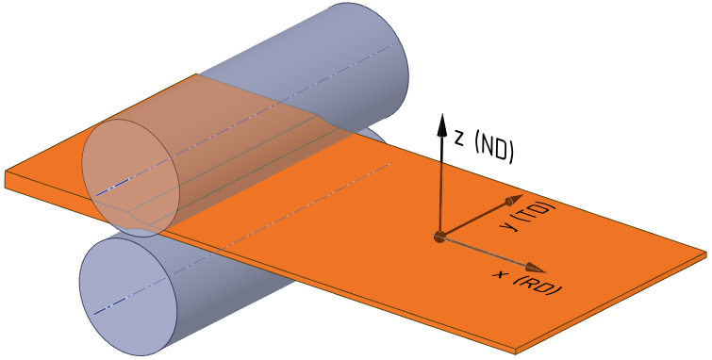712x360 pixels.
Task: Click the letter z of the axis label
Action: pyautogui.click(x=459, y=138)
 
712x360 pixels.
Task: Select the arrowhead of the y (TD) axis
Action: pyautogui.click(x=513, y=200)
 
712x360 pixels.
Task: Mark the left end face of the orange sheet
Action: pyautogui.click(x=8, y=180)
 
